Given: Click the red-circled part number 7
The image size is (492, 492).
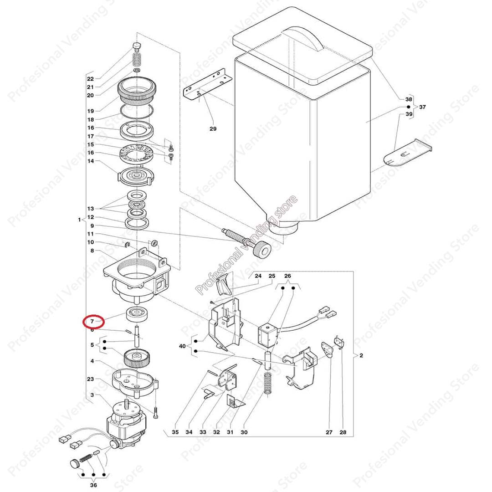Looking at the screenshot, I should (x=92, y=322).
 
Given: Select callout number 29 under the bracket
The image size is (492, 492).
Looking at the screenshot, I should (x=213, y=129).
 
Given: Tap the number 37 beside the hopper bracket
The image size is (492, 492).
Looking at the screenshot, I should (x=422, y=107).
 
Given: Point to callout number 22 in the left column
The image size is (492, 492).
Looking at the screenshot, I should (x=90, y=79).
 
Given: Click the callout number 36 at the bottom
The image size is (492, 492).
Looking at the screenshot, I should (x=94, y=485).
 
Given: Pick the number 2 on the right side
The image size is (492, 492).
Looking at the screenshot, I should (x=361, y=356).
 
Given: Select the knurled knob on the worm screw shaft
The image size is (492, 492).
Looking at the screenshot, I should (x=261, y=250).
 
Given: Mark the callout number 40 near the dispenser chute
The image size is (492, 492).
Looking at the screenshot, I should (x=182, y=346).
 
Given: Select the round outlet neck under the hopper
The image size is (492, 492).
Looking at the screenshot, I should (x=282, y=226).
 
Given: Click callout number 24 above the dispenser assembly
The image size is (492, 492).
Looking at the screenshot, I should (x=258, y=277).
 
